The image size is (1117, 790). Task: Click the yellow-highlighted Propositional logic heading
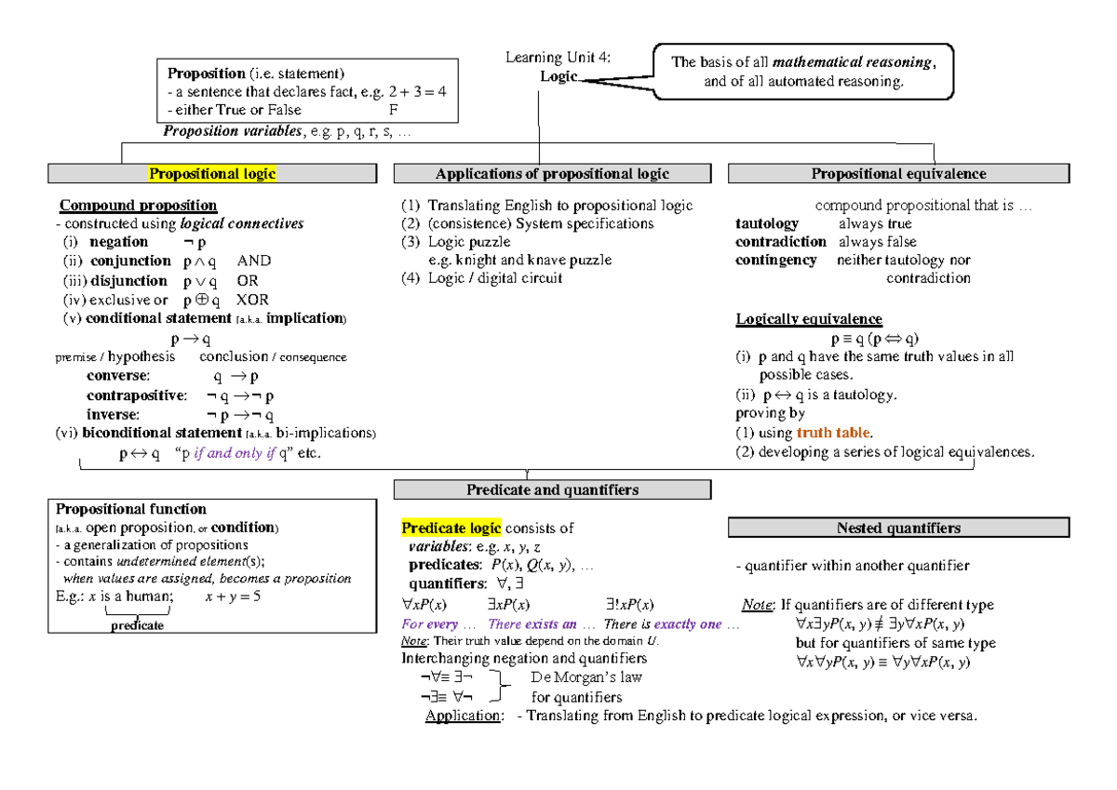coord(213,174)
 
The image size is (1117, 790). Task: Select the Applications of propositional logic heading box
coord(552,174)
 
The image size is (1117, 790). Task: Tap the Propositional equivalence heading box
coord(898,174)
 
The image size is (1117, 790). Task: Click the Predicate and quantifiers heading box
coord(552,489)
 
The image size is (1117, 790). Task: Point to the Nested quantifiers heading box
coord(898,529)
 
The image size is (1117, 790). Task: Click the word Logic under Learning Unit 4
coord(558,76)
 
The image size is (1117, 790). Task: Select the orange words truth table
coord(834,433)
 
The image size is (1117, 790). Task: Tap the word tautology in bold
coord(767,224)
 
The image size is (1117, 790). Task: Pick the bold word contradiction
coord(780,242)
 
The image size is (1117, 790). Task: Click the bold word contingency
coord(775,261)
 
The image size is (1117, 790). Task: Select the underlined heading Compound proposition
coord(139,206)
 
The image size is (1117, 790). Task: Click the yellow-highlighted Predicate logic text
coord(451,529)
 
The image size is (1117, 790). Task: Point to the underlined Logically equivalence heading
coord(809,320)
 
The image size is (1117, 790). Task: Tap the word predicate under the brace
coord(138,626)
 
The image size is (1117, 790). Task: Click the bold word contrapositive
coord(135,395)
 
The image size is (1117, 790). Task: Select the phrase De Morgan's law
coord(579,677)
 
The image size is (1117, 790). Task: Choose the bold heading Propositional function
coord(131,510)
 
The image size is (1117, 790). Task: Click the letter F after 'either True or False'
coord(392,110)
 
